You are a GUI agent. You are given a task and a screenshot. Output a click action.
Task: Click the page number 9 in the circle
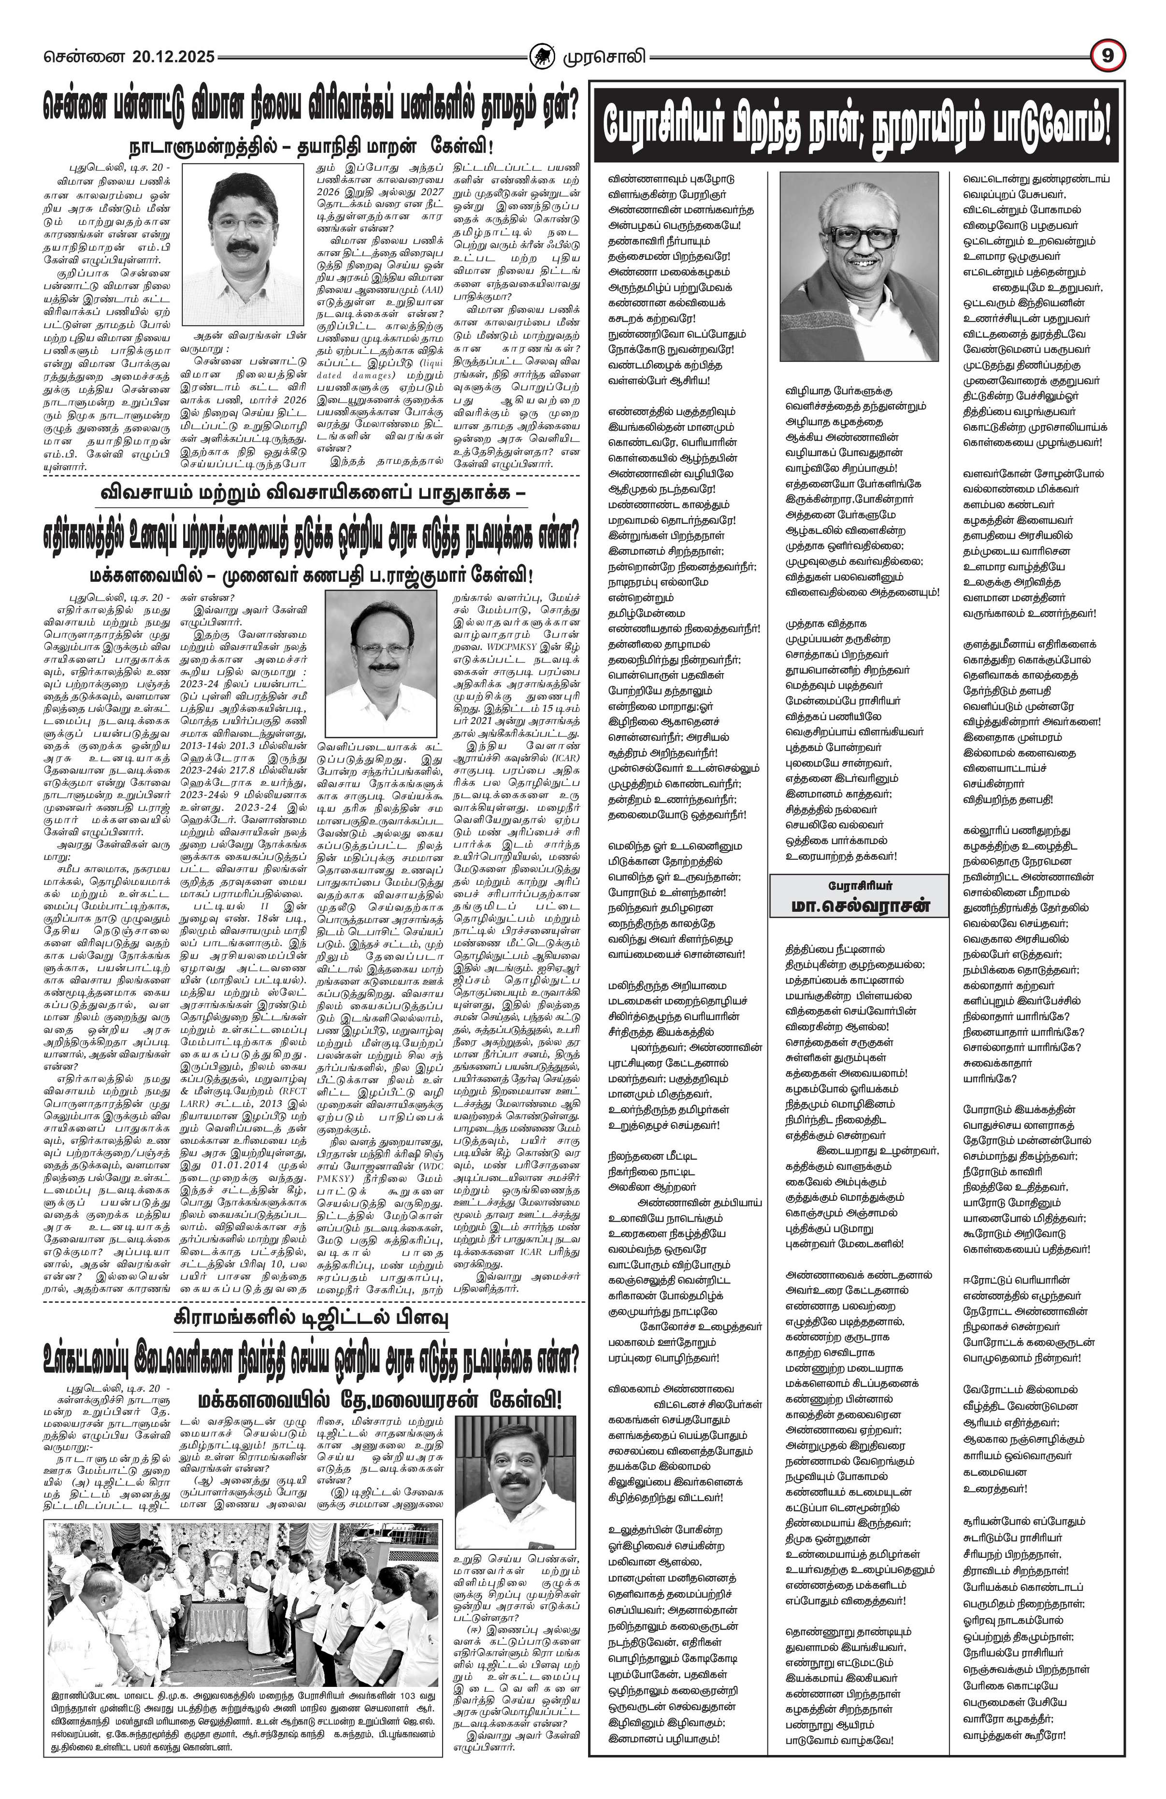pyautogui.click(x=1108, y=55)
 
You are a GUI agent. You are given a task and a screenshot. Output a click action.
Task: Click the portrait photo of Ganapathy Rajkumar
pyautogui.click(x=382, y=665)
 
